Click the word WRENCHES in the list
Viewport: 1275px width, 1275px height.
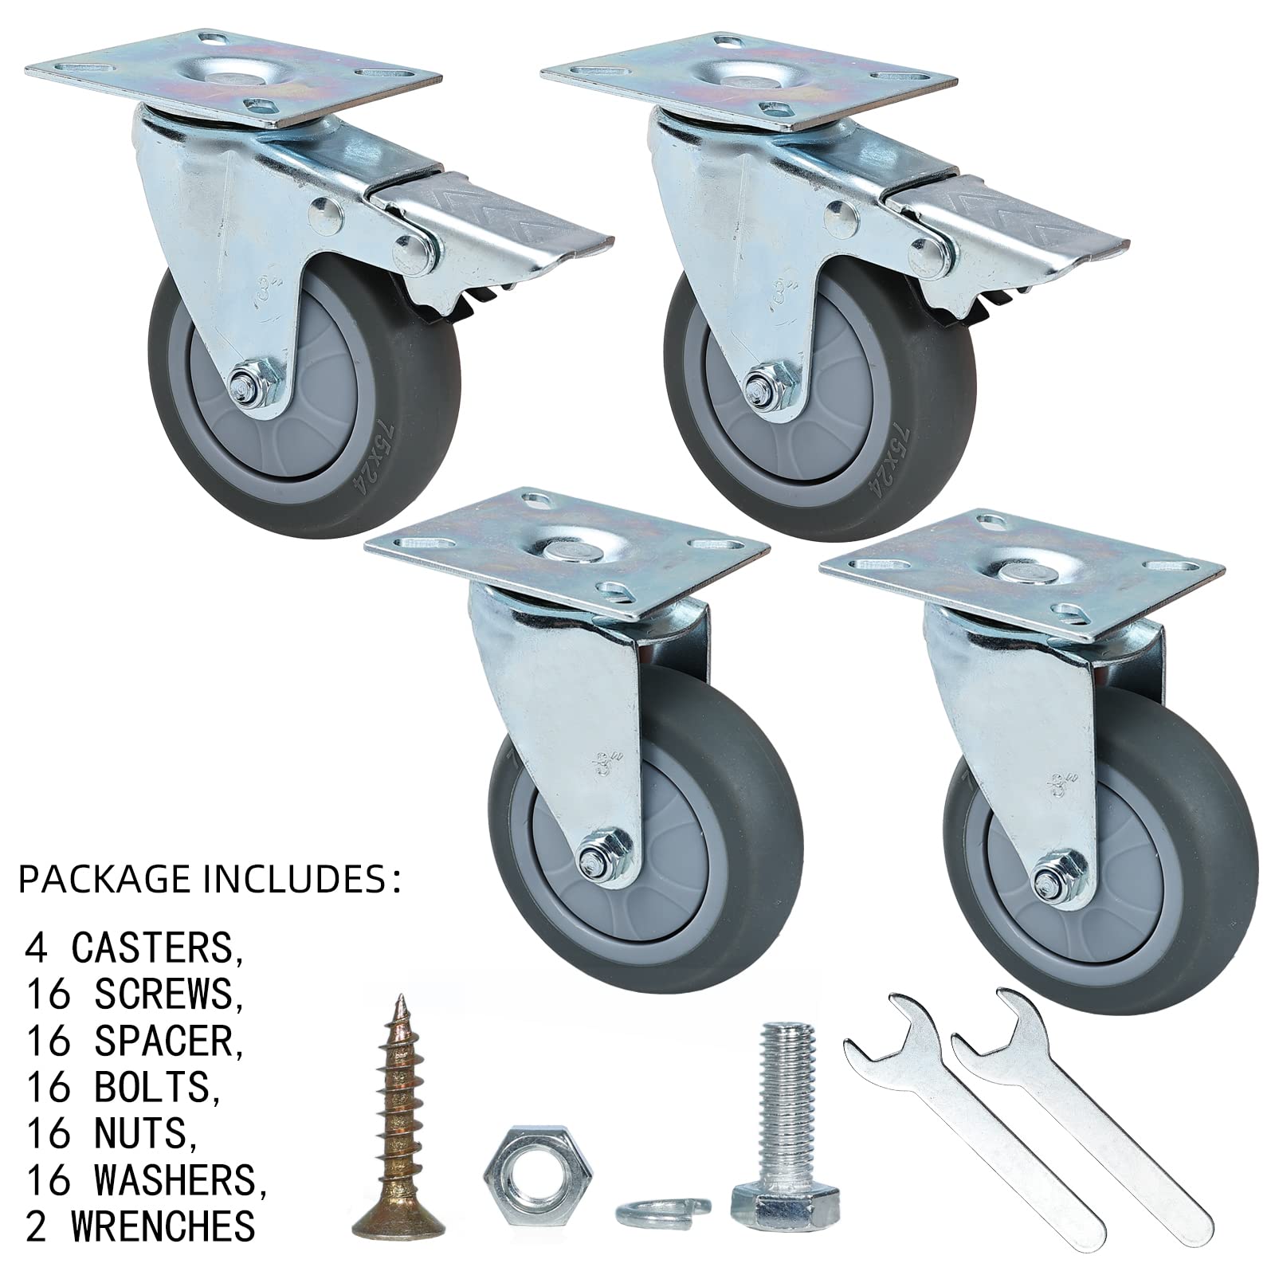click(x=164, y=1225)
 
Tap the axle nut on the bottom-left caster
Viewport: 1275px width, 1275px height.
click(x=594, y=857)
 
